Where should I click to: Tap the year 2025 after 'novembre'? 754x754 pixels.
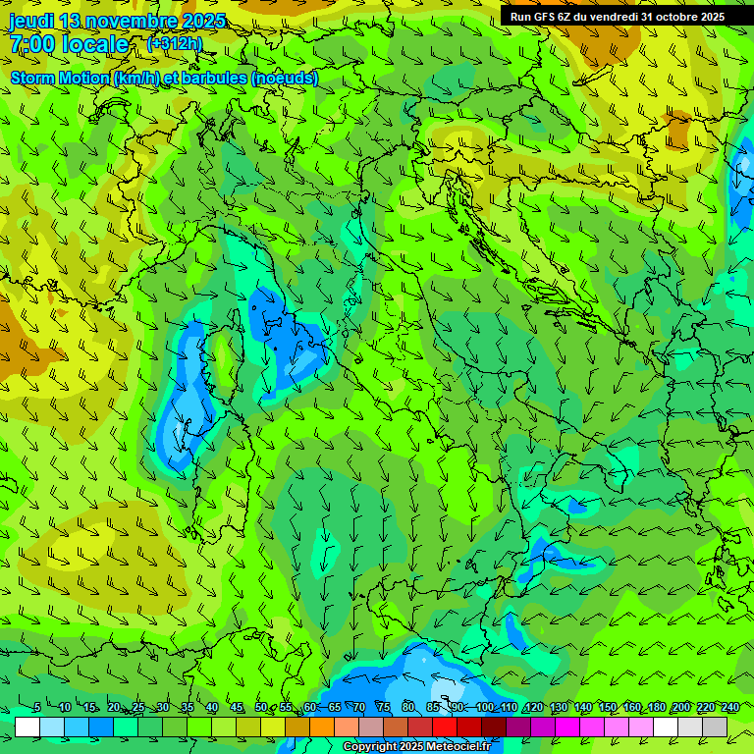point(203,21)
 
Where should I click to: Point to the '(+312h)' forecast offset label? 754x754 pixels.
point(175,43)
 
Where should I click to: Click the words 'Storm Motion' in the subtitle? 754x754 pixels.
point(60,78)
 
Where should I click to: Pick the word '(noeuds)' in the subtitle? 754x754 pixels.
point(284,78)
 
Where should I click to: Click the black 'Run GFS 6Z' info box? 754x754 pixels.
point(617,17)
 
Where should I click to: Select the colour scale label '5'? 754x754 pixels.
point(37,708)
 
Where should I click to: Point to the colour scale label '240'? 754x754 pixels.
point(729,708)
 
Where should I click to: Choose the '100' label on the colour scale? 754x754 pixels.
point(484,708)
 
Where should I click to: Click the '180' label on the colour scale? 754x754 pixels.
point(656,708)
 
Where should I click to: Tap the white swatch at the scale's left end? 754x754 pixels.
point(27,727)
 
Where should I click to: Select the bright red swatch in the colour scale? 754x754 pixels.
point(445,727)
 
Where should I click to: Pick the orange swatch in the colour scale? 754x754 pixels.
point(322,727)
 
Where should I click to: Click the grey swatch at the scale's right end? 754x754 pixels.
point(715,727)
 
